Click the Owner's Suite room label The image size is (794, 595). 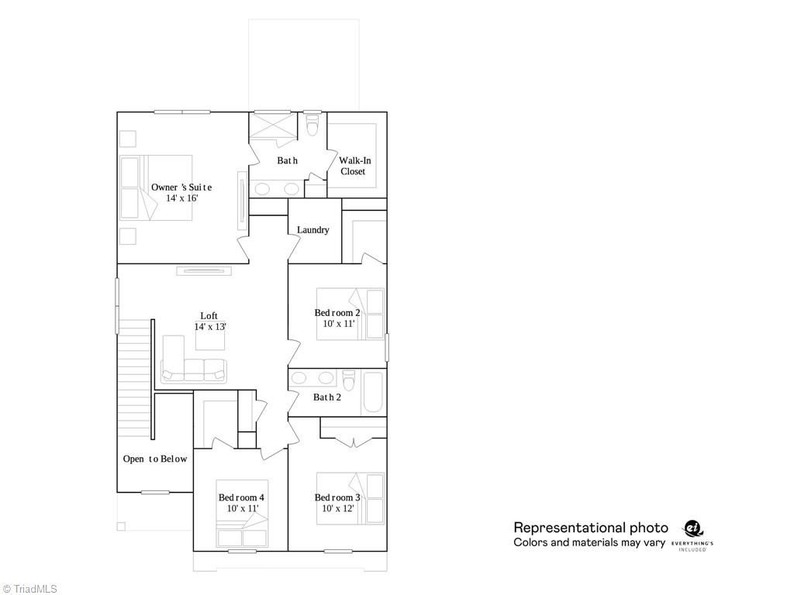pos(181,187)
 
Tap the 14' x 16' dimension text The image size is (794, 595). pos(182,198)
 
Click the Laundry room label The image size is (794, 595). pos(313,230)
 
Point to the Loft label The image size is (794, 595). pos(209,315)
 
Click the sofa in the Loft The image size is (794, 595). pos(193,370)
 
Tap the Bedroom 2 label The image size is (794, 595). pos(337,313)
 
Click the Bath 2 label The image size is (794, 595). pos(326,397)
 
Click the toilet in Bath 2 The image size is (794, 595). pos(349,381)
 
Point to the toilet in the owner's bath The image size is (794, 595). pos(313,125)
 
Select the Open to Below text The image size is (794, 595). pos(155,459)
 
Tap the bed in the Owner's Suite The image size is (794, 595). pos(155,187)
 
